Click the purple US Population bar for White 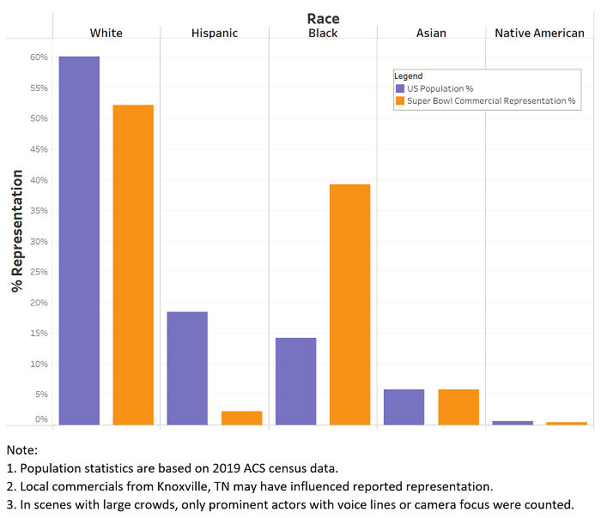tap(79, 240)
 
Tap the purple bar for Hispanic tap(187, 368)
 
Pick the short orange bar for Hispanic tap(241, 418)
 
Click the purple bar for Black tap(295, 381)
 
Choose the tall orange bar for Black tap(349, 304)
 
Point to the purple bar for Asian tap(404, 407)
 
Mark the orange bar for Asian tap(458, 407)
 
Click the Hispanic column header tap(214, 33)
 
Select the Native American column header tap(540, 33)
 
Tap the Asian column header tap(431, 33)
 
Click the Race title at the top tap(323, 17)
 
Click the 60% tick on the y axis tap(39, 57)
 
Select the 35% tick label tap(39, 211)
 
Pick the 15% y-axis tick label tap(39, 334)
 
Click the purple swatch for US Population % tap(399, 88)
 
